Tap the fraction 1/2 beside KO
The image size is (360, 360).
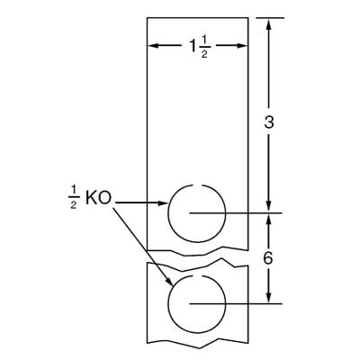point(73,197)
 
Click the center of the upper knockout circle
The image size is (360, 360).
point(193,213)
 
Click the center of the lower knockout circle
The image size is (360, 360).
point(193,303)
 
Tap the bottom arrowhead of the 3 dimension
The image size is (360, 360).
point(267,206)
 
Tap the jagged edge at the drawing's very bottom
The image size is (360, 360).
point(198,341)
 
